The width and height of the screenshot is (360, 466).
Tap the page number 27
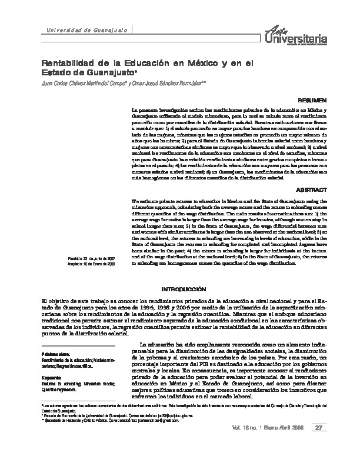tap(319, 444)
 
